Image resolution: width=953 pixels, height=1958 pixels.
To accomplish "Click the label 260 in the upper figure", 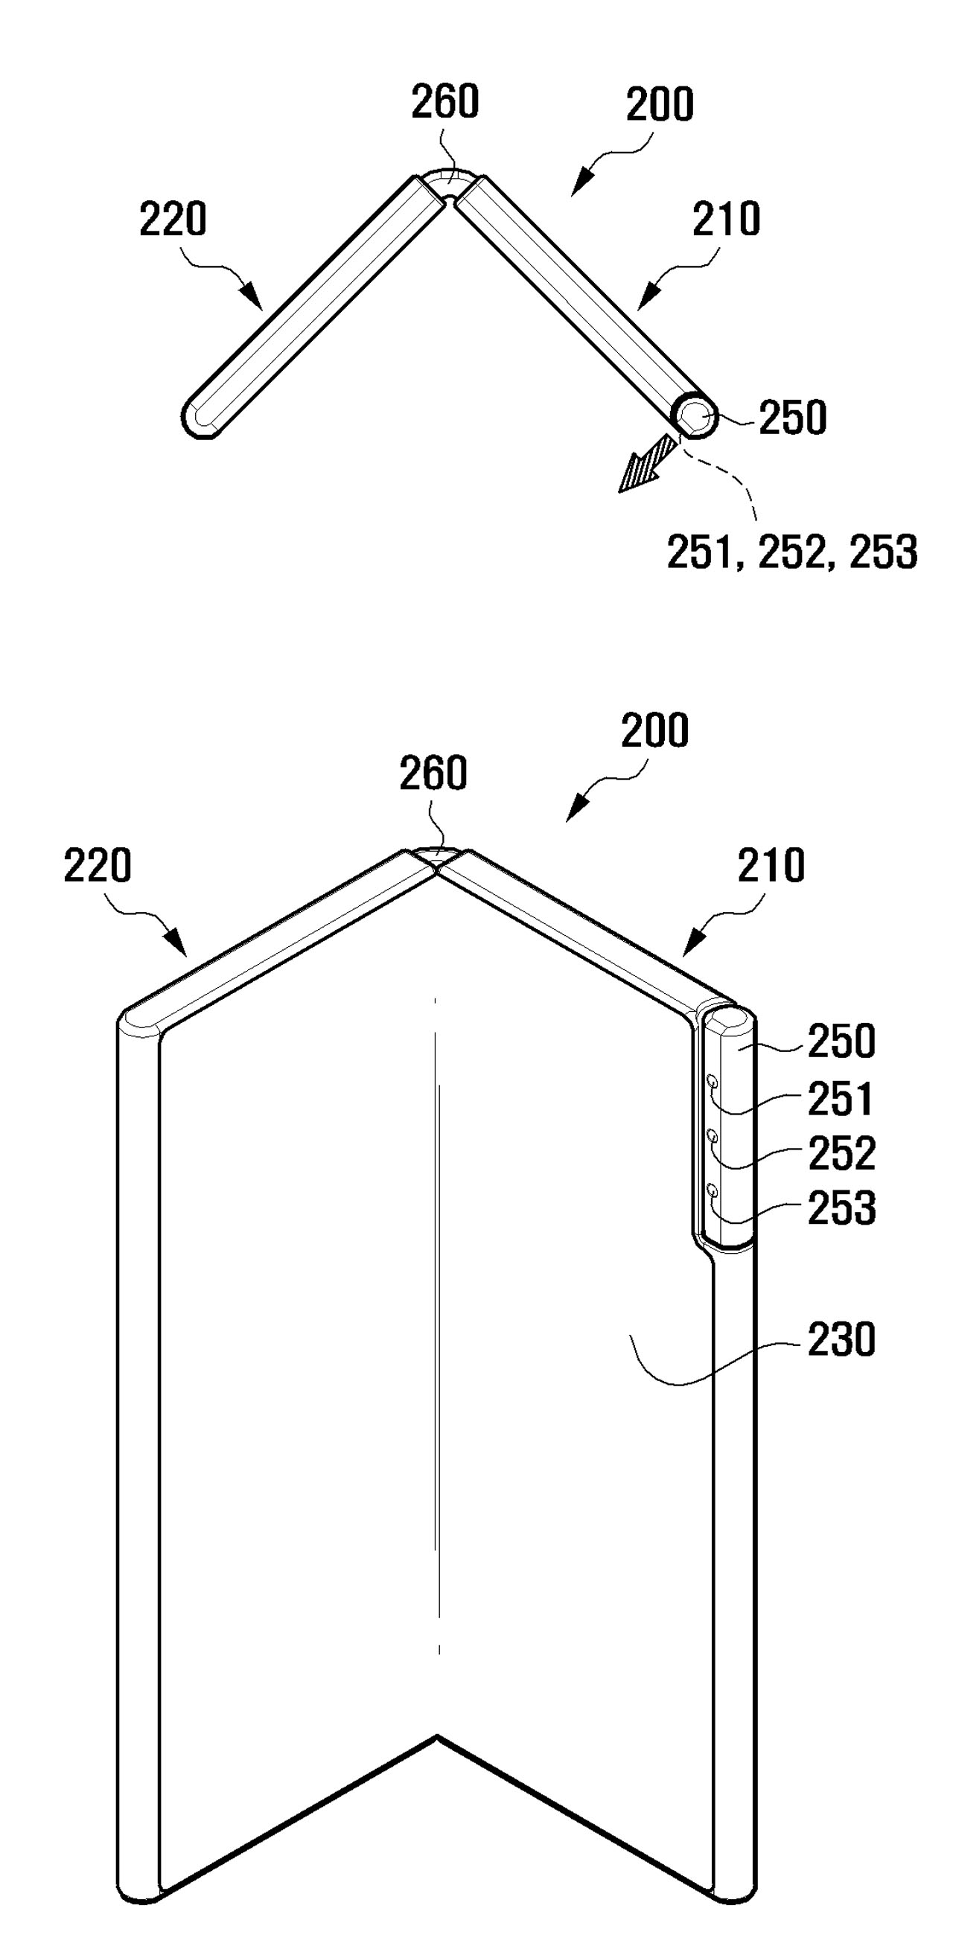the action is pos(444,102).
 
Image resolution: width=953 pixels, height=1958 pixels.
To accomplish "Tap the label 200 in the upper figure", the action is pos(660,105).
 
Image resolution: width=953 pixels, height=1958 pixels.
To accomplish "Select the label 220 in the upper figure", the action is pos(173,219).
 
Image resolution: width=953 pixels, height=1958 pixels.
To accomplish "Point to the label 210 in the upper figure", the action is pos(726,219).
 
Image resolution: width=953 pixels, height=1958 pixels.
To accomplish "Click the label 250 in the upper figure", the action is pos(793,418).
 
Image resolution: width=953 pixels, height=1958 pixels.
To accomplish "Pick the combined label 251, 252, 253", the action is pos(792,552).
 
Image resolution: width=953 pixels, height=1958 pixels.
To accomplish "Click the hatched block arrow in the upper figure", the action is pos(648,463).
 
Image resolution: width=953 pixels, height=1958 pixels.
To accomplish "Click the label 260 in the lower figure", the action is pos(433,773).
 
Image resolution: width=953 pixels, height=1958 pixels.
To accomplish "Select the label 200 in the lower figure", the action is pos(654,730).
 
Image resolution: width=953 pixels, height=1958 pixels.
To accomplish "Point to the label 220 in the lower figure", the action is pos(98,865).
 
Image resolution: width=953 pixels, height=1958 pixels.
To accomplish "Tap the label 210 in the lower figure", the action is pos(771,866).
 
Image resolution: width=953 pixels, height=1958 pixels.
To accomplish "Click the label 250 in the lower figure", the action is pos(841,1042).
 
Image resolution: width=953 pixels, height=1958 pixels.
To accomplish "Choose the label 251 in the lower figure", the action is pos(841,1099).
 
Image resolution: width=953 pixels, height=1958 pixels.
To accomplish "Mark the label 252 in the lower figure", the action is pos(841,1153).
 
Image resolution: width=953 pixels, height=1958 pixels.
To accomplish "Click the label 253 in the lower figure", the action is pos(841,1208).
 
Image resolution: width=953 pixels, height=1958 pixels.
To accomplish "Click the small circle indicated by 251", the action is pos(713,1081).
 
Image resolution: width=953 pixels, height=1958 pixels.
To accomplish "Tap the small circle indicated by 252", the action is pos(713,1135).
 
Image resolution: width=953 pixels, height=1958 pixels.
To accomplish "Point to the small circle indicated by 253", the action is pos(713,1190).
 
